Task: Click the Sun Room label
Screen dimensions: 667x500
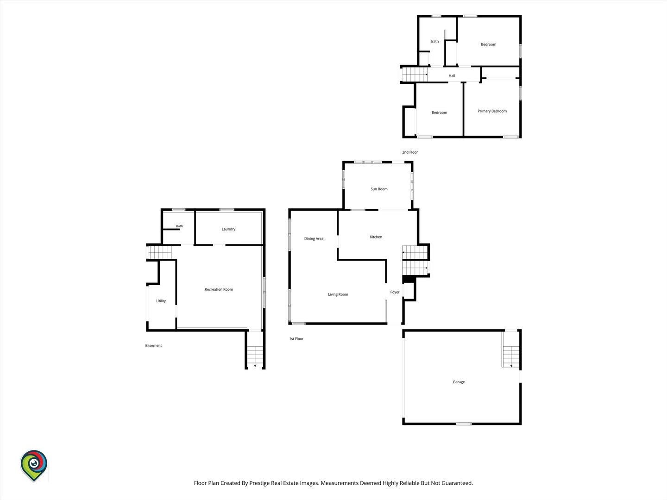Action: (379, 189)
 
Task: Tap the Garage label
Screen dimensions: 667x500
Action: (459, 382)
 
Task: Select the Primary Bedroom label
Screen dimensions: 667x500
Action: (492, 111)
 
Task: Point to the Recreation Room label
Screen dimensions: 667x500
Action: (219, 289)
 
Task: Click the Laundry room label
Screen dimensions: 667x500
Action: (228, 229)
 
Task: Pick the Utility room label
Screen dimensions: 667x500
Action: (161, 301)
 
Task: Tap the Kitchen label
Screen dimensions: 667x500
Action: (376, 237)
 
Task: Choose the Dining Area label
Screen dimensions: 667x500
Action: (314, 238)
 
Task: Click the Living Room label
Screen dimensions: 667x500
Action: (338, 294)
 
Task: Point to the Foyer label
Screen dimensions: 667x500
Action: (395, 292)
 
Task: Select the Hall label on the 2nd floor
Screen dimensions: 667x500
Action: (452, 76)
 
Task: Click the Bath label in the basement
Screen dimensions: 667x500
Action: (180, 226)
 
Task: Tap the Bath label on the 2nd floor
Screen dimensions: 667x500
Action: (435, 41)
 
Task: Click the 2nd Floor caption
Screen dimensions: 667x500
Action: (410, 152)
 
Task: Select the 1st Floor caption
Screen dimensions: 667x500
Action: (296, 339)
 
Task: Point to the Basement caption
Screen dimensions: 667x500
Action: (153, 345)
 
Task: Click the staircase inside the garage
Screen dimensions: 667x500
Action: (511, 356)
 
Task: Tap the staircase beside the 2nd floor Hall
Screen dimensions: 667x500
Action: (415, 75)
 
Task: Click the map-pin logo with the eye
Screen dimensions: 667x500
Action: (34, 465)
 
